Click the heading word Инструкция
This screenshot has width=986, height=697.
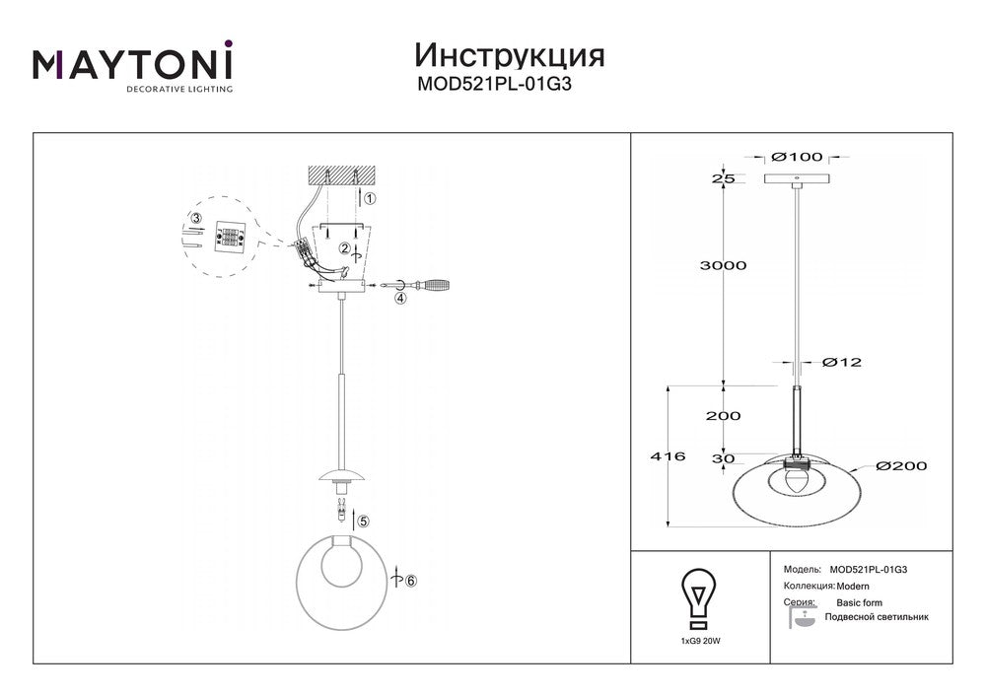click(x=510, y=56)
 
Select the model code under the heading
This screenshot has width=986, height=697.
click(x=494, y=84)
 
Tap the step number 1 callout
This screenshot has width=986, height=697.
click(x=370, y=198)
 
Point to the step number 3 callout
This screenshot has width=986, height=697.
click(x=197, y=219)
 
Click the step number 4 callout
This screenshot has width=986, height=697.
click(x=401, y=298)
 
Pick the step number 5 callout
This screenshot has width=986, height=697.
click(x=364, y=521)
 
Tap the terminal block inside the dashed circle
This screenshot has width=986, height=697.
click(x=230, y=237)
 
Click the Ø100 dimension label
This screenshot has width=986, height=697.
click(x=797, y=157)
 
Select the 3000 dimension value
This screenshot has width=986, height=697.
click(x=723, y=265)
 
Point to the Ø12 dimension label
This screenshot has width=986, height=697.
click(x=842, y=362)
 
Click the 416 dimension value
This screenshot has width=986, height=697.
click(x=668, y=456)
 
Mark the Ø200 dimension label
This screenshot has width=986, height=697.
click(x=902, y=465)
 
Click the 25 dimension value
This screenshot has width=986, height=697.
click(x=723, y=178)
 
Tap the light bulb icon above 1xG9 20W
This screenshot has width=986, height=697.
click(x=697, y=598)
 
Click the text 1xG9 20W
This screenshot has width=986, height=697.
click(x=700, y=642)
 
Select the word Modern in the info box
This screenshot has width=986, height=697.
click(x=853, y=587)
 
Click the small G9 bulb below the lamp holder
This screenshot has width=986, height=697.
click(x=341, y=509)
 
